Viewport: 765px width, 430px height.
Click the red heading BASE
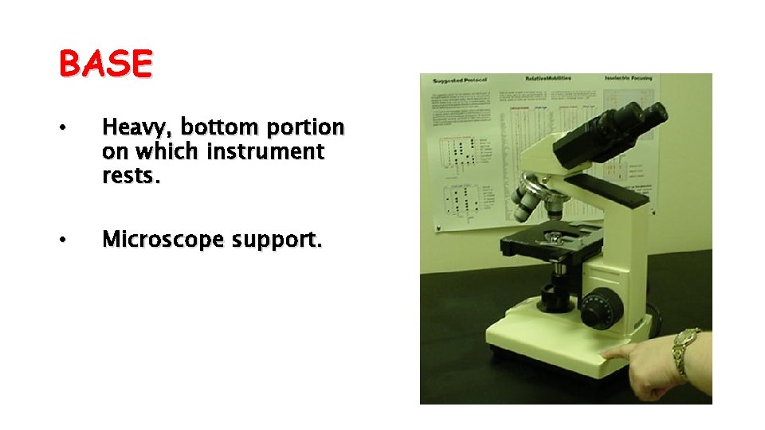[x=105, y=64]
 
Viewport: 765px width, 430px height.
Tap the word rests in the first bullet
[x=131, y=175]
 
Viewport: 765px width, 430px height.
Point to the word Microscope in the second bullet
[x=163, y=239]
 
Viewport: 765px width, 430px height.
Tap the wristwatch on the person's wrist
[x=685, y=354]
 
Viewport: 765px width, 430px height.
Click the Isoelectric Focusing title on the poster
[x=630, y=78]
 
